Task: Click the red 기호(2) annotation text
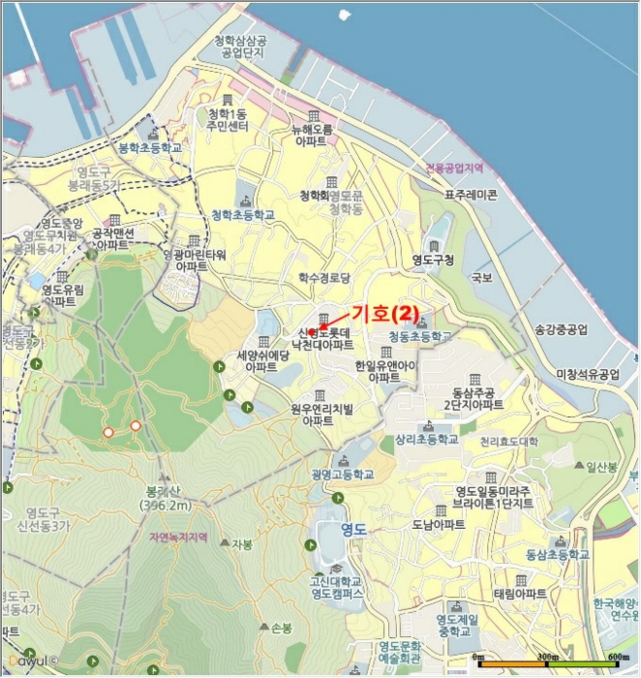(x=384, y=314)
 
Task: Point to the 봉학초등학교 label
(x=150, y=148)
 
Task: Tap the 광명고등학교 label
(x=342, y=475)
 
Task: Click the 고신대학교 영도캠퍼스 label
(x=337, y=586)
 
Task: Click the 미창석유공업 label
(x=587, y=374)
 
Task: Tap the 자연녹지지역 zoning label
(x=179, y=537)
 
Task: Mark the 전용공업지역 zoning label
(x=453, y=168)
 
